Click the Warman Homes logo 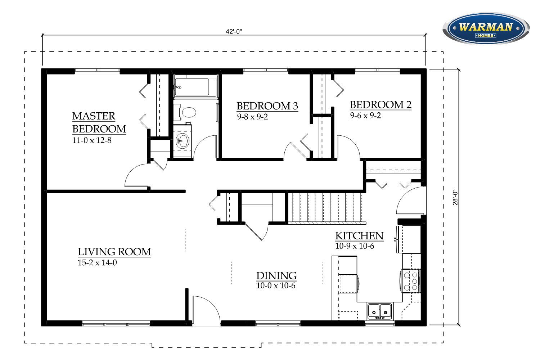click(x=486, y=28)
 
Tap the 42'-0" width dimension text click(x=234, y=32)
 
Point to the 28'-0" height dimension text click(x=455, y=197)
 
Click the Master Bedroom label click(x=99, y=122)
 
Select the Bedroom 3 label click(x=267, y=106)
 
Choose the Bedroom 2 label click(x=381, y=105)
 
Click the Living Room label click(x=114, y=252)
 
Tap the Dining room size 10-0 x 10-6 click(x=275, y=286)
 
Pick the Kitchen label click(x=359, y=236)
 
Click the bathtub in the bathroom click(x=195, y=87)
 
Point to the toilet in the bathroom click(x=185, y=112)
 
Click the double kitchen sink click(x=379, y=311)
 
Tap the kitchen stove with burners click(x=411, y=281)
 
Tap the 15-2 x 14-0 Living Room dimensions click(x=97, y=262)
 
